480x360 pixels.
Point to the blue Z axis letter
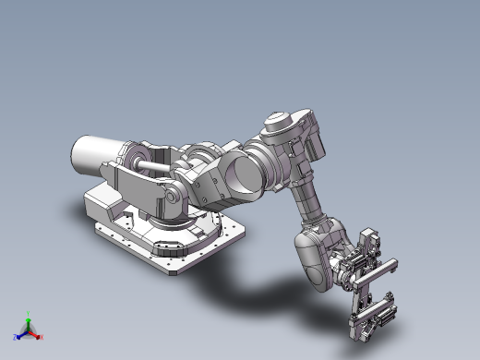tap(16, 337)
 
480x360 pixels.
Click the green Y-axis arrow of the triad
tap(29, 322)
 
